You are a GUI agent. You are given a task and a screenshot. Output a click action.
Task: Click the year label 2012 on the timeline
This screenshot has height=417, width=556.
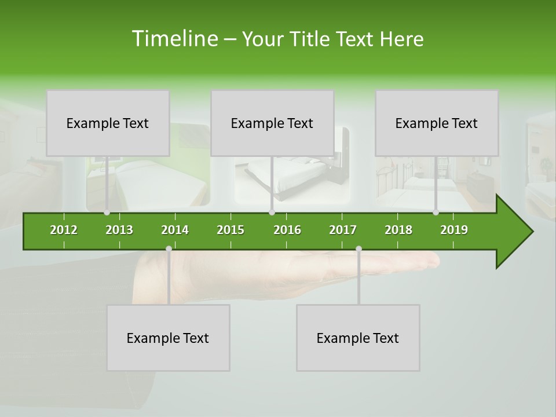64,230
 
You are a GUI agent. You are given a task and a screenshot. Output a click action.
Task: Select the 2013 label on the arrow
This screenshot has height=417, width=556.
119,230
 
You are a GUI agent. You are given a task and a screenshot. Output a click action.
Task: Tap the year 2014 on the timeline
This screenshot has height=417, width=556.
175,230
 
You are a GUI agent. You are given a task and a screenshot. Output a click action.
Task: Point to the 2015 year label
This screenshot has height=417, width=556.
231,230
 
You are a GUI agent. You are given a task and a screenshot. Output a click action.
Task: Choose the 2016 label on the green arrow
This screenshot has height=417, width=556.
287,230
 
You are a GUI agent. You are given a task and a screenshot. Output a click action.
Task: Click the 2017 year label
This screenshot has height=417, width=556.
343,230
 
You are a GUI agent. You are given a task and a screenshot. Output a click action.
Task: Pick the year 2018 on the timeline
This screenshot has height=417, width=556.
398,230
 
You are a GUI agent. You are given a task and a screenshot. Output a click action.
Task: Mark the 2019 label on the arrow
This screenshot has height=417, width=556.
454,230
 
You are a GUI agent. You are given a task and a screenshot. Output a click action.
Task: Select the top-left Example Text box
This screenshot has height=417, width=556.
108,123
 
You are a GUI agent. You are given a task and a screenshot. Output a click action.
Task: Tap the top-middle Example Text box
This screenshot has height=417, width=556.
272,123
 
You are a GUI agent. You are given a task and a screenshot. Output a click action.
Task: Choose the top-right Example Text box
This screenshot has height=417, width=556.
437,123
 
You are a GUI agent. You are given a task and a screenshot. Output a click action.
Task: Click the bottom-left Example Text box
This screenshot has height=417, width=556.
168,338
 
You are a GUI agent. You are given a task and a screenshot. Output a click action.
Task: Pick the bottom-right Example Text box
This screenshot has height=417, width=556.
358,338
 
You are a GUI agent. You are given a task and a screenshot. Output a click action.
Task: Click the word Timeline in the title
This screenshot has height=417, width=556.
174,39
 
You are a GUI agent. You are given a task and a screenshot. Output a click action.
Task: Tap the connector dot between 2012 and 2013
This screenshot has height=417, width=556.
107,213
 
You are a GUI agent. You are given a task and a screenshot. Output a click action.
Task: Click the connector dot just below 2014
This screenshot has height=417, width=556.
169,249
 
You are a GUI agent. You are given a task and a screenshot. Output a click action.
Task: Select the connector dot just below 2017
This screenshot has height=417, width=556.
359,249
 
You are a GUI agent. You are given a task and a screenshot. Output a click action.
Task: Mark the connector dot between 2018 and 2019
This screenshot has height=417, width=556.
436,213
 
